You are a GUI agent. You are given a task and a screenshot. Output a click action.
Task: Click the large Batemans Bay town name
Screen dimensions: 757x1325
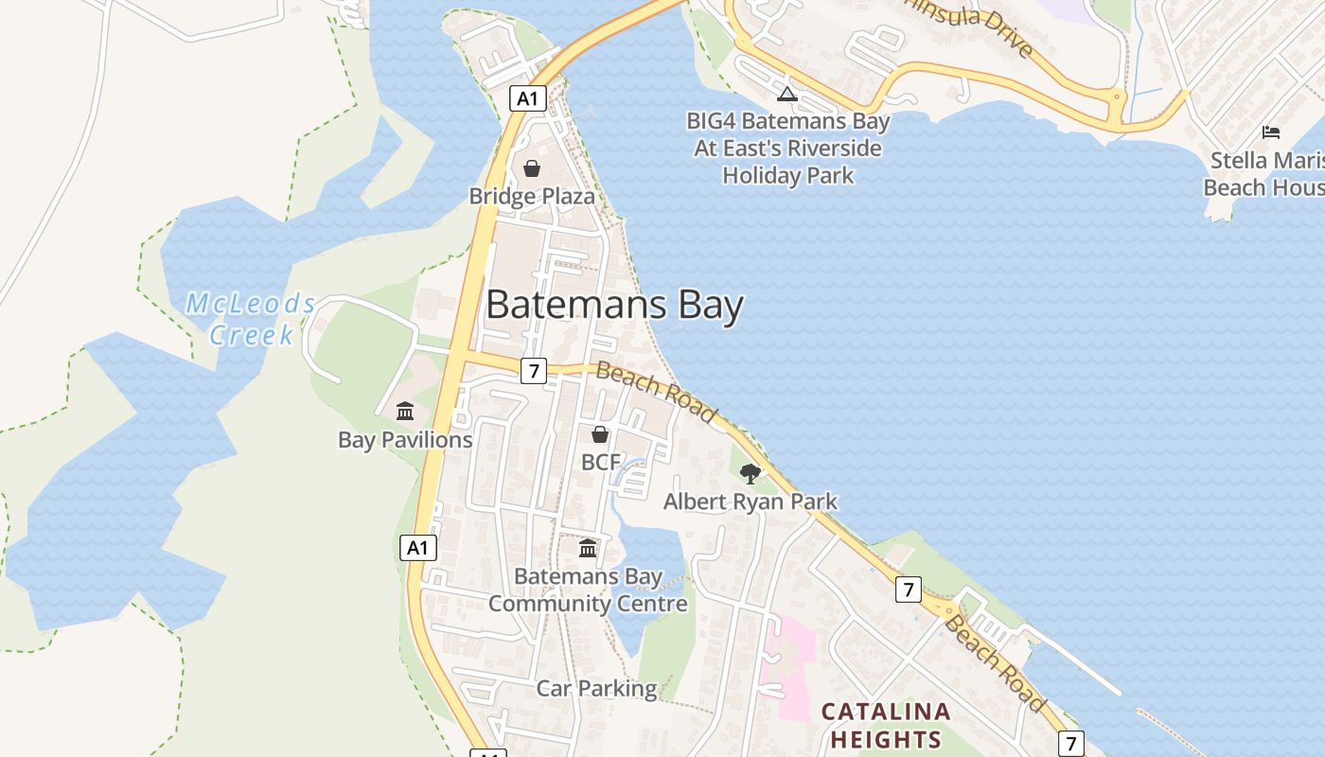coord(614,306)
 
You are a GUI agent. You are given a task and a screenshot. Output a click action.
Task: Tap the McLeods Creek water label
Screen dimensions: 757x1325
coord(251,319)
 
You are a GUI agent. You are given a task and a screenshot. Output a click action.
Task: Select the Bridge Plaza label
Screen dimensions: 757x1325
coord(532,197)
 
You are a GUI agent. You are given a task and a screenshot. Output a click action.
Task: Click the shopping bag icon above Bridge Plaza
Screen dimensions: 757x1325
coord(532,169)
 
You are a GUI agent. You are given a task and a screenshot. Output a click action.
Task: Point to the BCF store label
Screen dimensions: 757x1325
coord(600,463)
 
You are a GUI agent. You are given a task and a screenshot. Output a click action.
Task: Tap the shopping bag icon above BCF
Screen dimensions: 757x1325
coord(600,434)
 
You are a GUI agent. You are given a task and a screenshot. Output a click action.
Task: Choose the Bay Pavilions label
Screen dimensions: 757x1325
coord(405,440)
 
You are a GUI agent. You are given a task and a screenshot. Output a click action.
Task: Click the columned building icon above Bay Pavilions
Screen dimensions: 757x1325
coord(405,411)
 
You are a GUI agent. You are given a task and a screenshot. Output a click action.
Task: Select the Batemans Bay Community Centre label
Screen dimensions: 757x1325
coord(588,590)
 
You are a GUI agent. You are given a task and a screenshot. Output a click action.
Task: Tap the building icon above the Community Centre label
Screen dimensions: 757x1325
coord(588,548)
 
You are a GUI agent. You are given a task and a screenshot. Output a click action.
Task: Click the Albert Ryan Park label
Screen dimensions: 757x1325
coord(750,502)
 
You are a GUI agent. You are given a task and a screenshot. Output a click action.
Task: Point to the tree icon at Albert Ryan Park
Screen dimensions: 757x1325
coord(750,473)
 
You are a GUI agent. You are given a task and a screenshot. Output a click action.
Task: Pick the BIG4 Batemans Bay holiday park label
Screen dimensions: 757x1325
coord(788,149)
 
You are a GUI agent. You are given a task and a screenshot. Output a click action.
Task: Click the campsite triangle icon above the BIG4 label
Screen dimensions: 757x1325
coord(787,94)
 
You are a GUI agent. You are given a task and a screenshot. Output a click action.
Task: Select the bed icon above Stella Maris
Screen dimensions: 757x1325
coord(1271,132)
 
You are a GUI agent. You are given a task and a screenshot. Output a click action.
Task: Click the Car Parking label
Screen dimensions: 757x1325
coord(596,689)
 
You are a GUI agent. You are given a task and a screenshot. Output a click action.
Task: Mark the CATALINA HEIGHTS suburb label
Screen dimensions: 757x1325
coord(885,725)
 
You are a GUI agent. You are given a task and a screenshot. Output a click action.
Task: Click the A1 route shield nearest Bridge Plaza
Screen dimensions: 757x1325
coord(528,97)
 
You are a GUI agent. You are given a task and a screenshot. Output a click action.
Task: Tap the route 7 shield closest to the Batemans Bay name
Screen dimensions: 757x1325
coord(534,371)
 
